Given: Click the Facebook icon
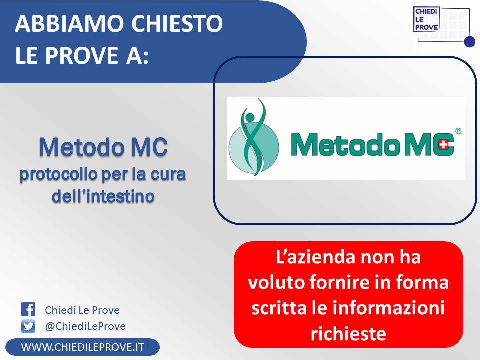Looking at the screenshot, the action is [x=28, y=309].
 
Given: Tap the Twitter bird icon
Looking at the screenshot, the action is [x=28, y=326].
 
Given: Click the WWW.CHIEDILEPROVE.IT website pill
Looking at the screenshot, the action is [x=82, y=347].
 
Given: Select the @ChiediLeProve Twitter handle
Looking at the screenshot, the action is [x=85, y=326].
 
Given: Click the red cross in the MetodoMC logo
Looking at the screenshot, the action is [x=443, y=145].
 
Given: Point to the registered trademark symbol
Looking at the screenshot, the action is [x=458, y=131].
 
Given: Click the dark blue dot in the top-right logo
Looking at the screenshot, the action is [x=469, y=42].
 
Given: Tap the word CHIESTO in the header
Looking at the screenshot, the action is [x=177, y=23].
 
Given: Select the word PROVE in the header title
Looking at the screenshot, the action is [x=82, y=55].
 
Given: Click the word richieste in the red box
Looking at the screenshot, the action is [x=348, y=333].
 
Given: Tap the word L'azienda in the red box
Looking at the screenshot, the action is [x=315, y=257].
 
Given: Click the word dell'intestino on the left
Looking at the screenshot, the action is [x=103, y=196].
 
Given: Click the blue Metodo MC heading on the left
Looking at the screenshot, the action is [x=103, y=147].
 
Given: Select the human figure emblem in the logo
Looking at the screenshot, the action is [x=254, y=138].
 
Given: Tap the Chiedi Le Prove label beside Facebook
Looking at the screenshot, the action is [x=82, y=310].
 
